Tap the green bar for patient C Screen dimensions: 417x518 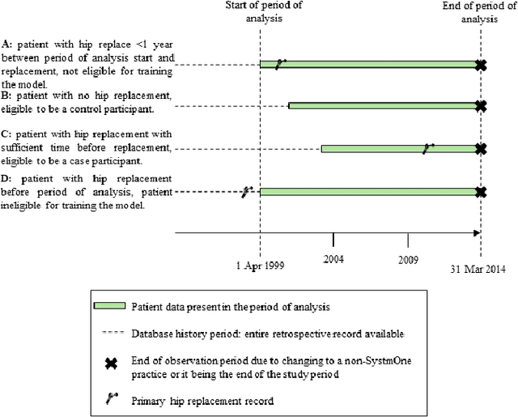(372, 148)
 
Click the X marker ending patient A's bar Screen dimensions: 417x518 (481, 65)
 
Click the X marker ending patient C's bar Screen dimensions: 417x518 (481, 149)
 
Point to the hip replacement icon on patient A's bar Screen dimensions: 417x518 (280, 63)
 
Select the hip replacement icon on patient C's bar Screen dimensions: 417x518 (428, 147)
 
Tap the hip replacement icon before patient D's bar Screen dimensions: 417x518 (247, 191)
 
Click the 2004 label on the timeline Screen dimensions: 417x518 (333, 257)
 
